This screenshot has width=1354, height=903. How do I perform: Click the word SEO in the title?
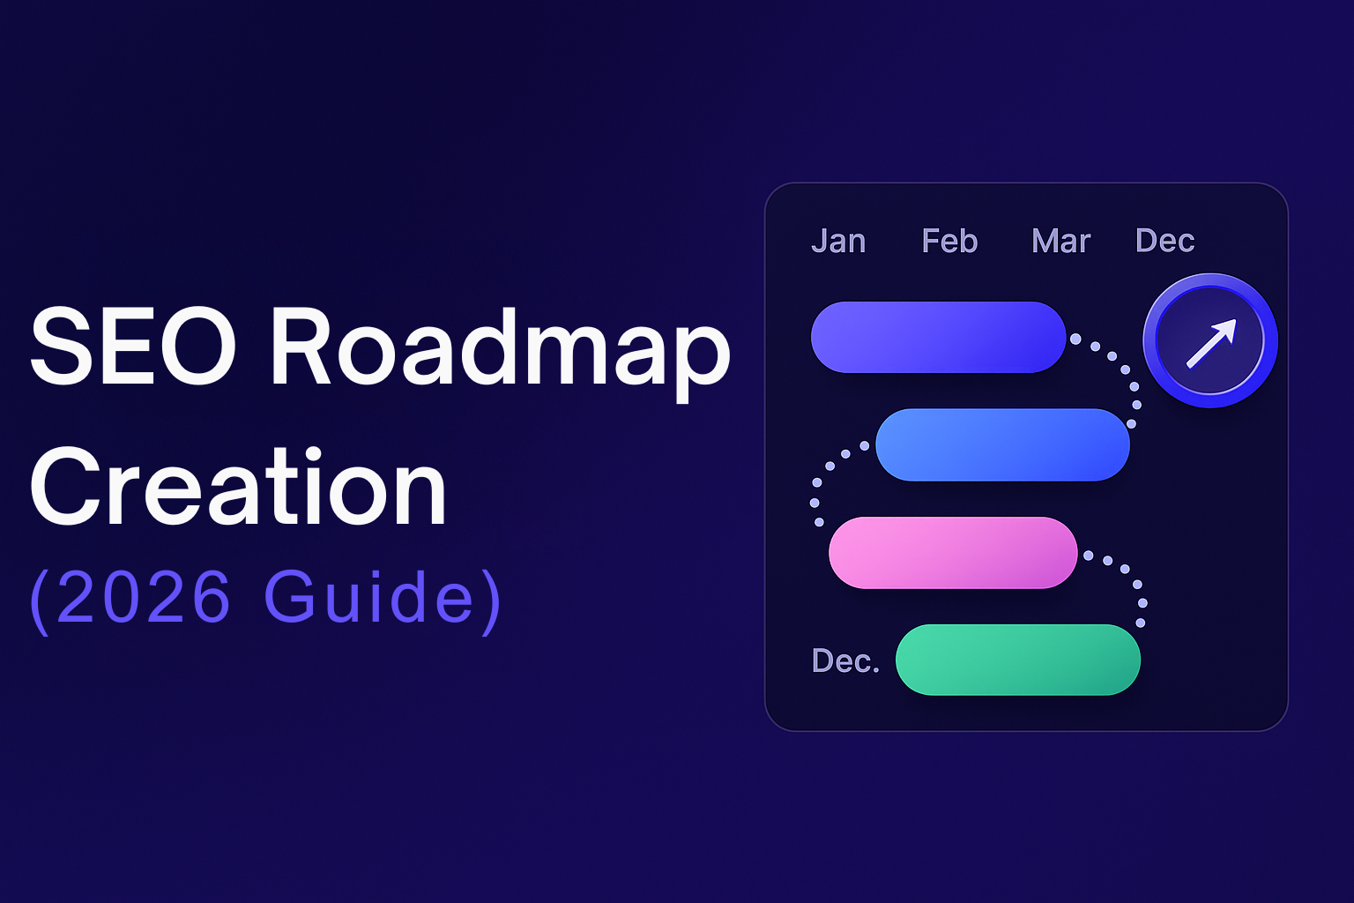point(132,346)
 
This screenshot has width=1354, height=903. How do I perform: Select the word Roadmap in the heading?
point(501,354)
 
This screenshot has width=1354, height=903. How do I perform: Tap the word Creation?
point(238,486)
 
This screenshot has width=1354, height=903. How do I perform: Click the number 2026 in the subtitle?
point(144,596)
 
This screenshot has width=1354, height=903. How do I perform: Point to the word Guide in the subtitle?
point(368,596)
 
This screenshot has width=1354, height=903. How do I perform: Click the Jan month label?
point(838,242)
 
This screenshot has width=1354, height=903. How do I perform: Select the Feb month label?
point(949,241)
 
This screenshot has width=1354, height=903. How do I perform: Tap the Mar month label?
point(1060,241)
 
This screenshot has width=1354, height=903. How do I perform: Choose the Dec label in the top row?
point(1164,240)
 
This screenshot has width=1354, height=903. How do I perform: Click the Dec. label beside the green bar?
point(845,660)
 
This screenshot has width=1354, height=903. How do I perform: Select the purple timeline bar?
point(938,337)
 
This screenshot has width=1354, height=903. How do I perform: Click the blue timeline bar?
point(1003,444)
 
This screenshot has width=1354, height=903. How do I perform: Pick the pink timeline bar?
point(953,552)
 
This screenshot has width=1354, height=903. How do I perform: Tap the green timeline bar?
point(1018,660)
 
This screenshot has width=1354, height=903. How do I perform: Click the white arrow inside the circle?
point(1211,343)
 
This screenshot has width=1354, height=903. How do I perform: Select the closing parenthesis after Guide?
point(491,601)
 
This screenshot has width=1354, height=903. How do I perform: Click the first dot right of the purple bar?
point(1075,339)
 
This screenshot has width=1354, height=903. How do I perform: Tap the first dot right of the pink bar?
point(1088,556)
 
